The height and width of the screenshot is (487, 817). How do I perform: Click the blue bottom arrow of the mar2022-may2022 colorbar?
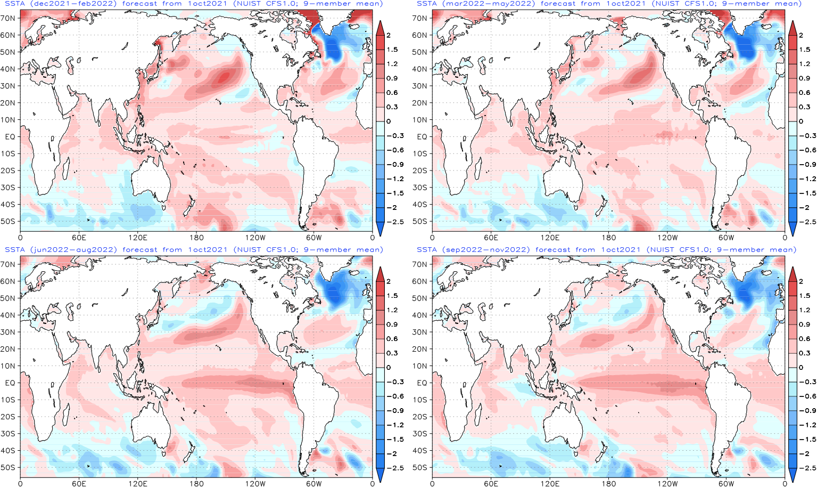793,229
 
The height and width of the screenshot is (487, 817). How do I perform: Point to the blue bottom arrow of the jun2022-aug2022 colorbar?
380,475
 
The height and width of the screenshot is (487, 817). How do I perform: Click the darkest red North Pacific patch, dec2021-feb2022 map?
224,77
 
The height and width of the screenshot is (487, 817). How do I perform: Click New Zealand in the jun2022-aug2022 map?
188,453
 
